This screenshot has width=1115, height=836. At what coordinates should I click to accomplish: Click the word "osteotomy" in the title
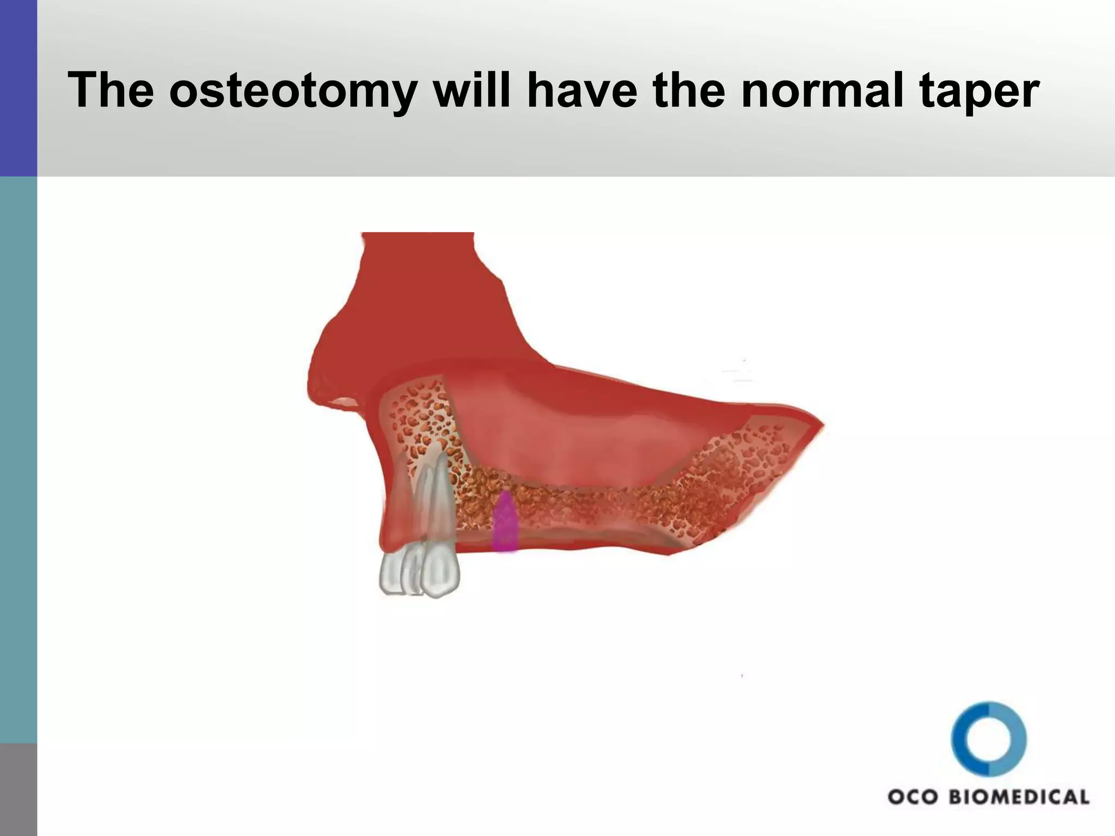click(292, 91)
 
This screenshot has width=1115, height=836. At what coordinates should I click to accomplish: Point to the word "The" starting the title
click(111, 91)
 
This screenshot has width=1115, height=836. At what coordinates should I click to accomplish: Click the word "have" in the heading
click(581, 91)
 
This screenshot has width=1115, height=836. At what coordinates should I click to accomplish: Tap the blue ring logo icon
click(989, 739)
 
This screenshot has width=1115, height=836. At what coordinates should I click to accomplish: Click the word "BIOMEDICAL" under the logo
click(1019, 797)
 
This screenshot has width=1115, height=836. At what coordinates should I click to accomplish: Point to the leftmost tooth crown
click(391, 574)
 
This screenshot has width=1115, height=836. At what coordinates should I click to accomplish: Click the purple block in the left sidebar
click(19, 87)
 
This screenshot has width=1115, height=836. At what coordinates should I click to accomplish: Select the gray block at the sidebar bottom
click(19, 789)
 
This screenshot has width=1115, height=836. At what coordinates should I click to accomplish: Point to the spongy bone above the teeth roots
click(416, 414)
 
